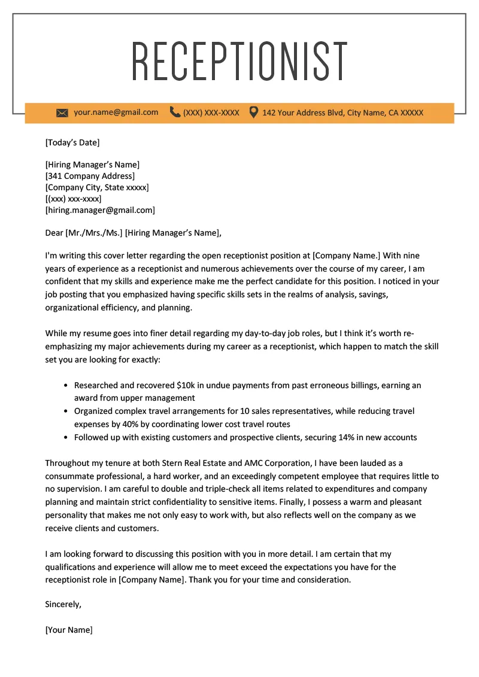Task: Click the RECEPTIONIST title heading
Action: pyautogui.click(x=239, y=62)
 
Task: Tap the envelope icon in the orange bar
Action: pyautogui.click(x=62, y=112)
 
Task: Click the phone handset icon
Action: pyautogui.click(x=175, y=112)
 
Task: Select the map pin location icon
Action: pyautogui.click(x=254, y=112)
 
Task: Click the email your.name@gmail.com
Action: pyautogui.click(x=116, y=112)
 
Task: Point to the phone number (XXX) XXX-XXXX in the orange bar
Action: pyautogui.click(x=211, y=112)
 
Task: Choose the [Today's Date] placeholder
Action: pyautogui.click(x=72, y=142)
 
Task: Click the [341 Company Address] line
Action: pyautogui.click(x=90, y=176)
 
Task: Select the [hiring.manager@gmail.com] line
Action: pyautogui.click(x=100, y=210)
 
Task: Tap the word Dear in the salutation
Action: pyautogui.click(x=54, y=233)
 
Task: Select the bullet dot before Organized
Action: pyautogui.click(x=65, y=411)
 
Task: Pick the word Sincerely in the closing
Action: pyautogui.click(x=63, y=604)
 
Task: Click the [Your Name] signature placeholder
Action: pyautogui.click(x=69, y=630)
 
